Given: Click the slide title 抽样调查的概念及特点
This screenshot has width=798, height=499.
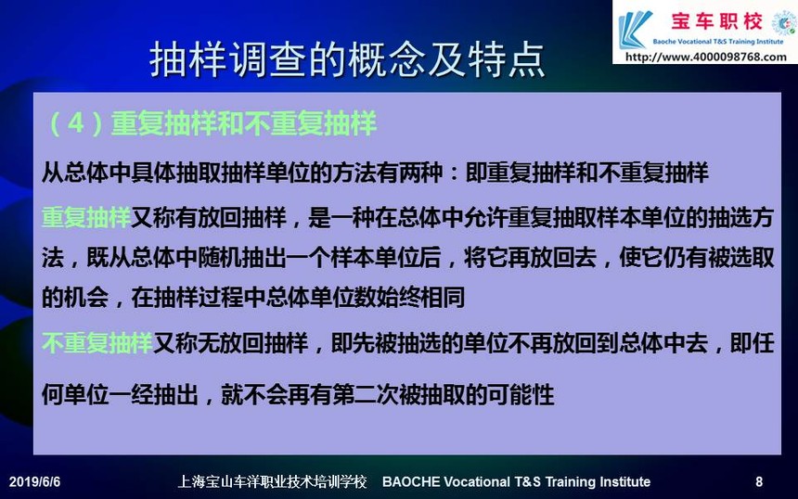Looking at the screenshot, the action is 347,59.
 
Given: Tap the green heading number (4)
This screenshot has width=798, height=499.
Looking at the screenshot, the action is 76,123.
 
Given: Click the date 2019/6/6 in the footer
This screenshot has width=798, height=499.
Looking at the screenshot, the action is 34,481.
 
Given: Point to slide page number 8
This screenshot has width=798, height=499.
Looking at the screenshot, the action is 759,481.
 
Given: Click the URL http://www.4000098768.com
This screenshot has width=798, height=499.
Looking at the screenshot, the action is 705,57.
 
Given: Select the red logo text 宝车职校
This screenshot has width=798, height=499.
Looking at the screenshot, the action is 716,21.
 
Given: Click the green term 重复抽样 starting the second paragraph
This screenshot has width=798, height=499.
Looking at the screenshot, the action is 86,218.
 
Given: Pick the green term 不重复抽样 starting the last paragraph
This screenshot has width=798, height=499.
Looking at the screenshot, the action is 97,343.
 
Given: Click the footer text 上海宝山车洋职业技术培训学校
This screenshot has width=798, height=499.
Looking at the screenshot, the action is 272,481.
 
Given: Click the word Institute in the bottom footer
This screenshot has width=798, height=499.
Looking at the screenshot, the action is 626,481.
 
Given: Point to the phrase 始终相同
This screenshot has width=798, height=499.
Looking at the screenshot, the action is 419,297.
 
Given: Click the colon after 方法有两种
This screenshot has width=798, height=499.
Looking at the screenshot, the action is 454,173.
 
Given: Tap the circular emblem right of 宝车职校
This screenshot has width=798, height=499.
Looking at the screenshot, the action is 783,23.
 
